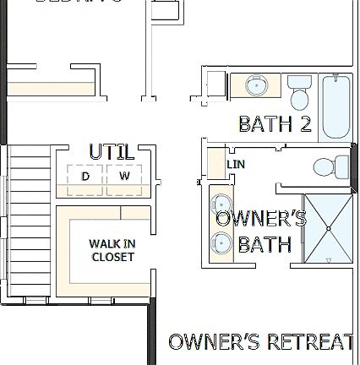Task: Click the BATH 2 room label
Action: click(x=274, y=124)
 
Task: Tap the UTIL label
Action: click(x=111, y=153)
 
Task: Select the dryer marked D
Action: click(x=85, y=177)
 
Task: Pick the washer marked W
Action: click(x=124, y=177)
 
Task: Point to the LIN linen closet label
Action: click(x=236, y=165)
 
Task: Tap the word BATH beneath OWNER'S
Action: click(x=265, y=245)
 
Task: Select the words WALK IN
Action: click(x=112, y=244)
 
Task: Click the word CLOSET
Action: click(x=112, y=257)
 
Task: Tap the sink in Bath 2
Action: click(x=257, y=85)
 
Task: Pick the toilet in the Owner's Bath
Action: click(x=329, y=167)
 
